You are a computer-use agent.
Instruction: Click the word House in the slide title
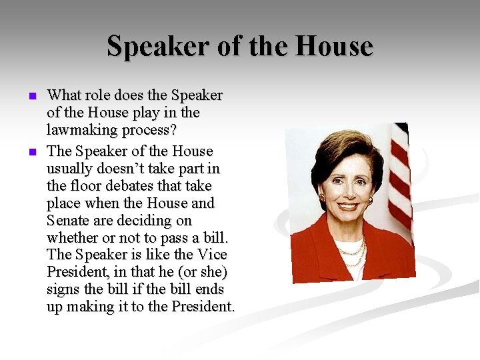[x=335, y=46]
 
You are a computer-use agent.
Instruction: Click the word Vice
[x=212, y=255]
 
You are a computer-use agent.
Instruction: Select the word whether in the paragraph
[x=69, y=238]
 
